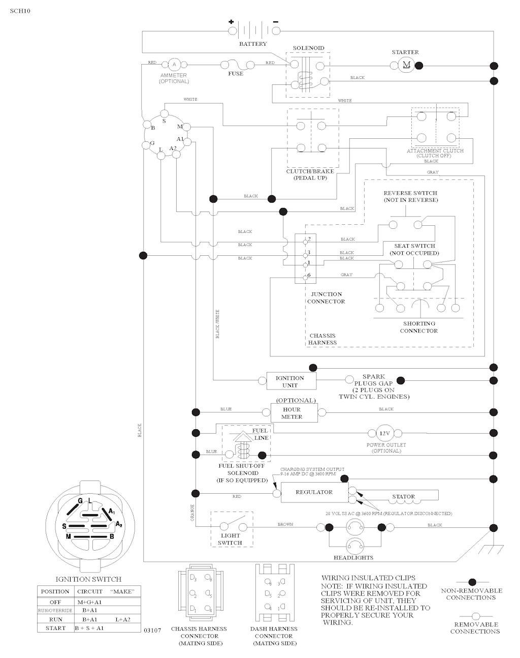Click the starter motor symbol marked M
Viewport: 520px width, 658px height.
coord(406,65)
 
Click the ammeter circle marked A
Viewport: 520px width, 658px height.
coord(174,64)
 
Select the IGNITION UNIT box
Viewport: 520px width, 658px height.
coord(290,381)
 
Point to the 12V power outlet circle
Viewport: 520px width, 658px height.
coord(384,433)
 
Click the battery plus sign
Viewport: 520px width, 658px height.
coord(231,22)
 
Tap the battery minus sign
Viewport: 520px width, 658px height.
coord(275,22)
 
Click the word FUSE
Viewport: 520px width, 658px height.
coord(236,74)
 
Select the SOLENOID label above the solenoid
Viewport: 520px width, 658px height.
coord(308,48)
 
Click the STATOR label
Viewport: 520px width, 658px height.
coord(403,497)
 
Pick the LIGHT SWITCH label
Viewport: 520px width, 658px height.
coord(230,539)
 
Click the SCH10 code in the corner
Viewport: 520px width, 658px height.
coord(20,11)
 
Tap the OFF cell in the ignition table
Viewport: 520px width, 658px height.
coord(55,602)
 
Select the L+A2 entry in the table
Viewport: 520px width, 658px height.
coord(123,619)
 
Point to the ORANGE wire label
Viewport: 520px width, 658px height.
coord(192,512)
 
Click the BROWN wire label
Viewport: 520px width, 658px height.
coord(285,524)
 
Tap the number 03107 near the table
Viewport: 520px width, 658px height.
coord(152,631)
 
